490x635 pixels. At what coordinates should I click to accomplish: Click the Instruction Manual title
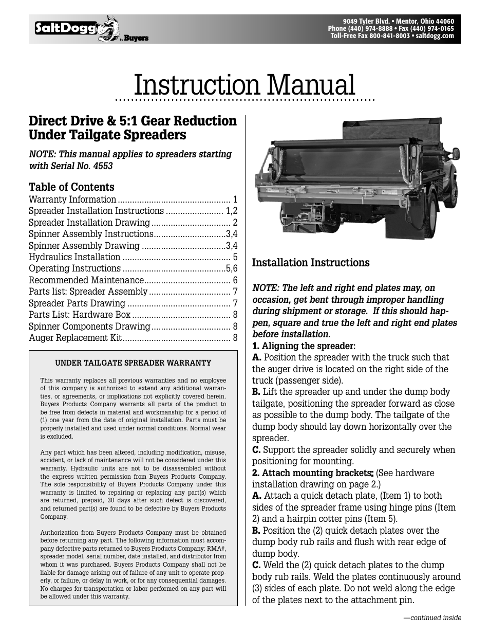coord(244,85)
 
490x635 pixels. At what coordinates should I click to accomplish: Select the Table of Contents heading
coord(71,187)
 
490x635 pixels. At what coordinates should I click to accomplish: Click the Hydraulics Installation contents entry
coord(74,257)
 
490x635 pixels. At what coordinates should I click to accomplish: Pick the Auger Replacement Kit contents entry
coord(76,338)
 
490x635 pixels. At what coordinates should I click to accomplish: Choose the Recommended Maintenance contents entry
coord(86,280)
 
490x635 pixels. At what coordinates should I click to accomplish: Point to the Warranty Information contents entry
coord(72,199)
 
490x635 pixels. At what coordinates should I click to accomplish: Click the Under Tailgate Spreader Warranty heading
coord(133,363)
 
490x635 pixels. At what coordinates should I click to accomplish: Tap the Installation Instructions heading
coord(310,263)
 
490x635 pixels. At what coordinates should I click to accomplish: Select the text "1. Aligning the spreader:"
coord(304,346)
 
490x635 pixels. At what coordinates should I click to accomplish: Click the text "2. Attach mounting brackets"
coord(312,473)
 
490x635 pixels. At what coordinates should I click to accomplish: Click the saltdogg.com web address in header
coord(435,36)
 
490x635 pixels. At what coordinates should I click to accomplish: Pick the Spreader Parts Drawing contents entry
coord(77,303)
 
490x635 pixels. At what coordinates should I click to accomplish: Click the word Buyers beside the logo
coord(136,39)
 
